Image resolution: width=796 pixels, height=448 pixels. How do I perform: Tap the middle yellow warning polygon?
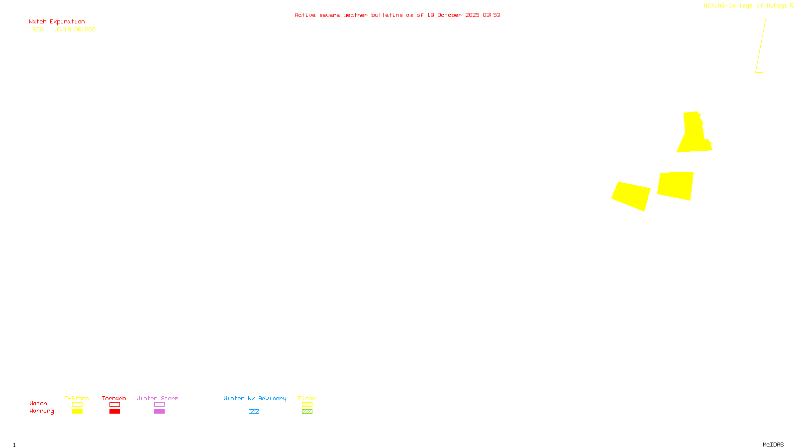pos(676,185)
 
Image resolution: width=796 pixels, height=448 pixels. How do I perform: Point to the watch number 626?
pos(38,29)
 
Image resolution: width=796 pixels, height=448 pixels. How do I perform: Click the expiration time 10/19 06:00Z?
pos(74,29)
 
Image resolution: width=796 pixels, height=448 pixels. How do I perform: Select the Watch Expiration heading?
pos(57,22)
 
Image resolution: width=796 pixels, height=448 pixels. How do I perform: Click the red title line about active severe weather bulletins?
pos(397,15)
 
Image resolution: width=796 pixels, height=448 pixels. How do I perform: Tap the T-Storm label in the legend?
pos(77,398)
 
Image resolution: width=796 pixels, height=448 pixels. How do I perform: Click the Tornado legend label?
pos(114,398)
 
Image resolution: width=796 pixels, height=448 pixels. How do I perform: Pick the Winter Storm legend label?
pos(157,398)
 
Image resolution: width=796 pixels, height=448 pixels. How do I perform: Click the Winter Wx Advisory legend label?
pos(255,398)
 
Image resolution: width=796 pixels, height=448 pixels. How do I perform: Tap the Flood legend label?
pos(307,398)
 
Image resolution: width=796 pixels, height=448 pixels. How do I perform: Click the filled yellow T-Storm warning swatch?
pos(77,412)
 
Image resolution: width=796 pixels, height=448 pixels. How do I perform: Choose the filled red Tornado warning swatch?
pos(114,412)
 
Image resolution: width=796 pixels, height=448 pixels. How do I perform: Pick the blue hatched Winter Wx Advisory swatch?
pos(254,412)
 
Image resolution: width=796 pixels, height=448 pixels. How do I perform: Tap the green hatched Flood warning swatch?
pos(307,412)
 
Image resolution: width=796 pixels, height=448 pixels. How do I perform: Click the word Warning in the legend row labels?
pos(41,411)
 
